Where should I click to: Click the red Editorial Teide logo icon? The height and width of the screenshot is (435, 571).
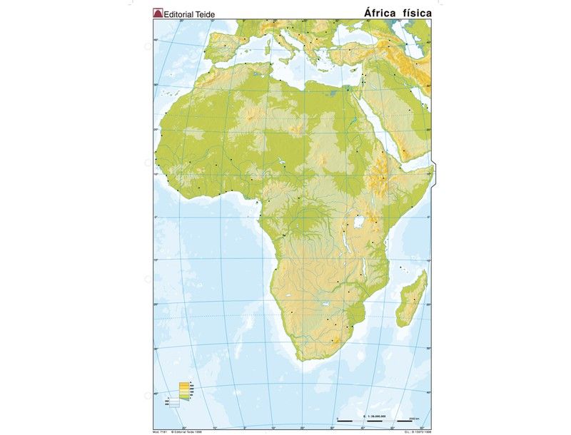pos(158,12)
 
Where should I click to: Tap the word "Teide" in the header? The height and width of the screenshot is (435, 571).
pos(202,13)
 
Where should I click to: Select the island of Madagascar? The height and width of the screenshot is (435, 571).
pos(413,297)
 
